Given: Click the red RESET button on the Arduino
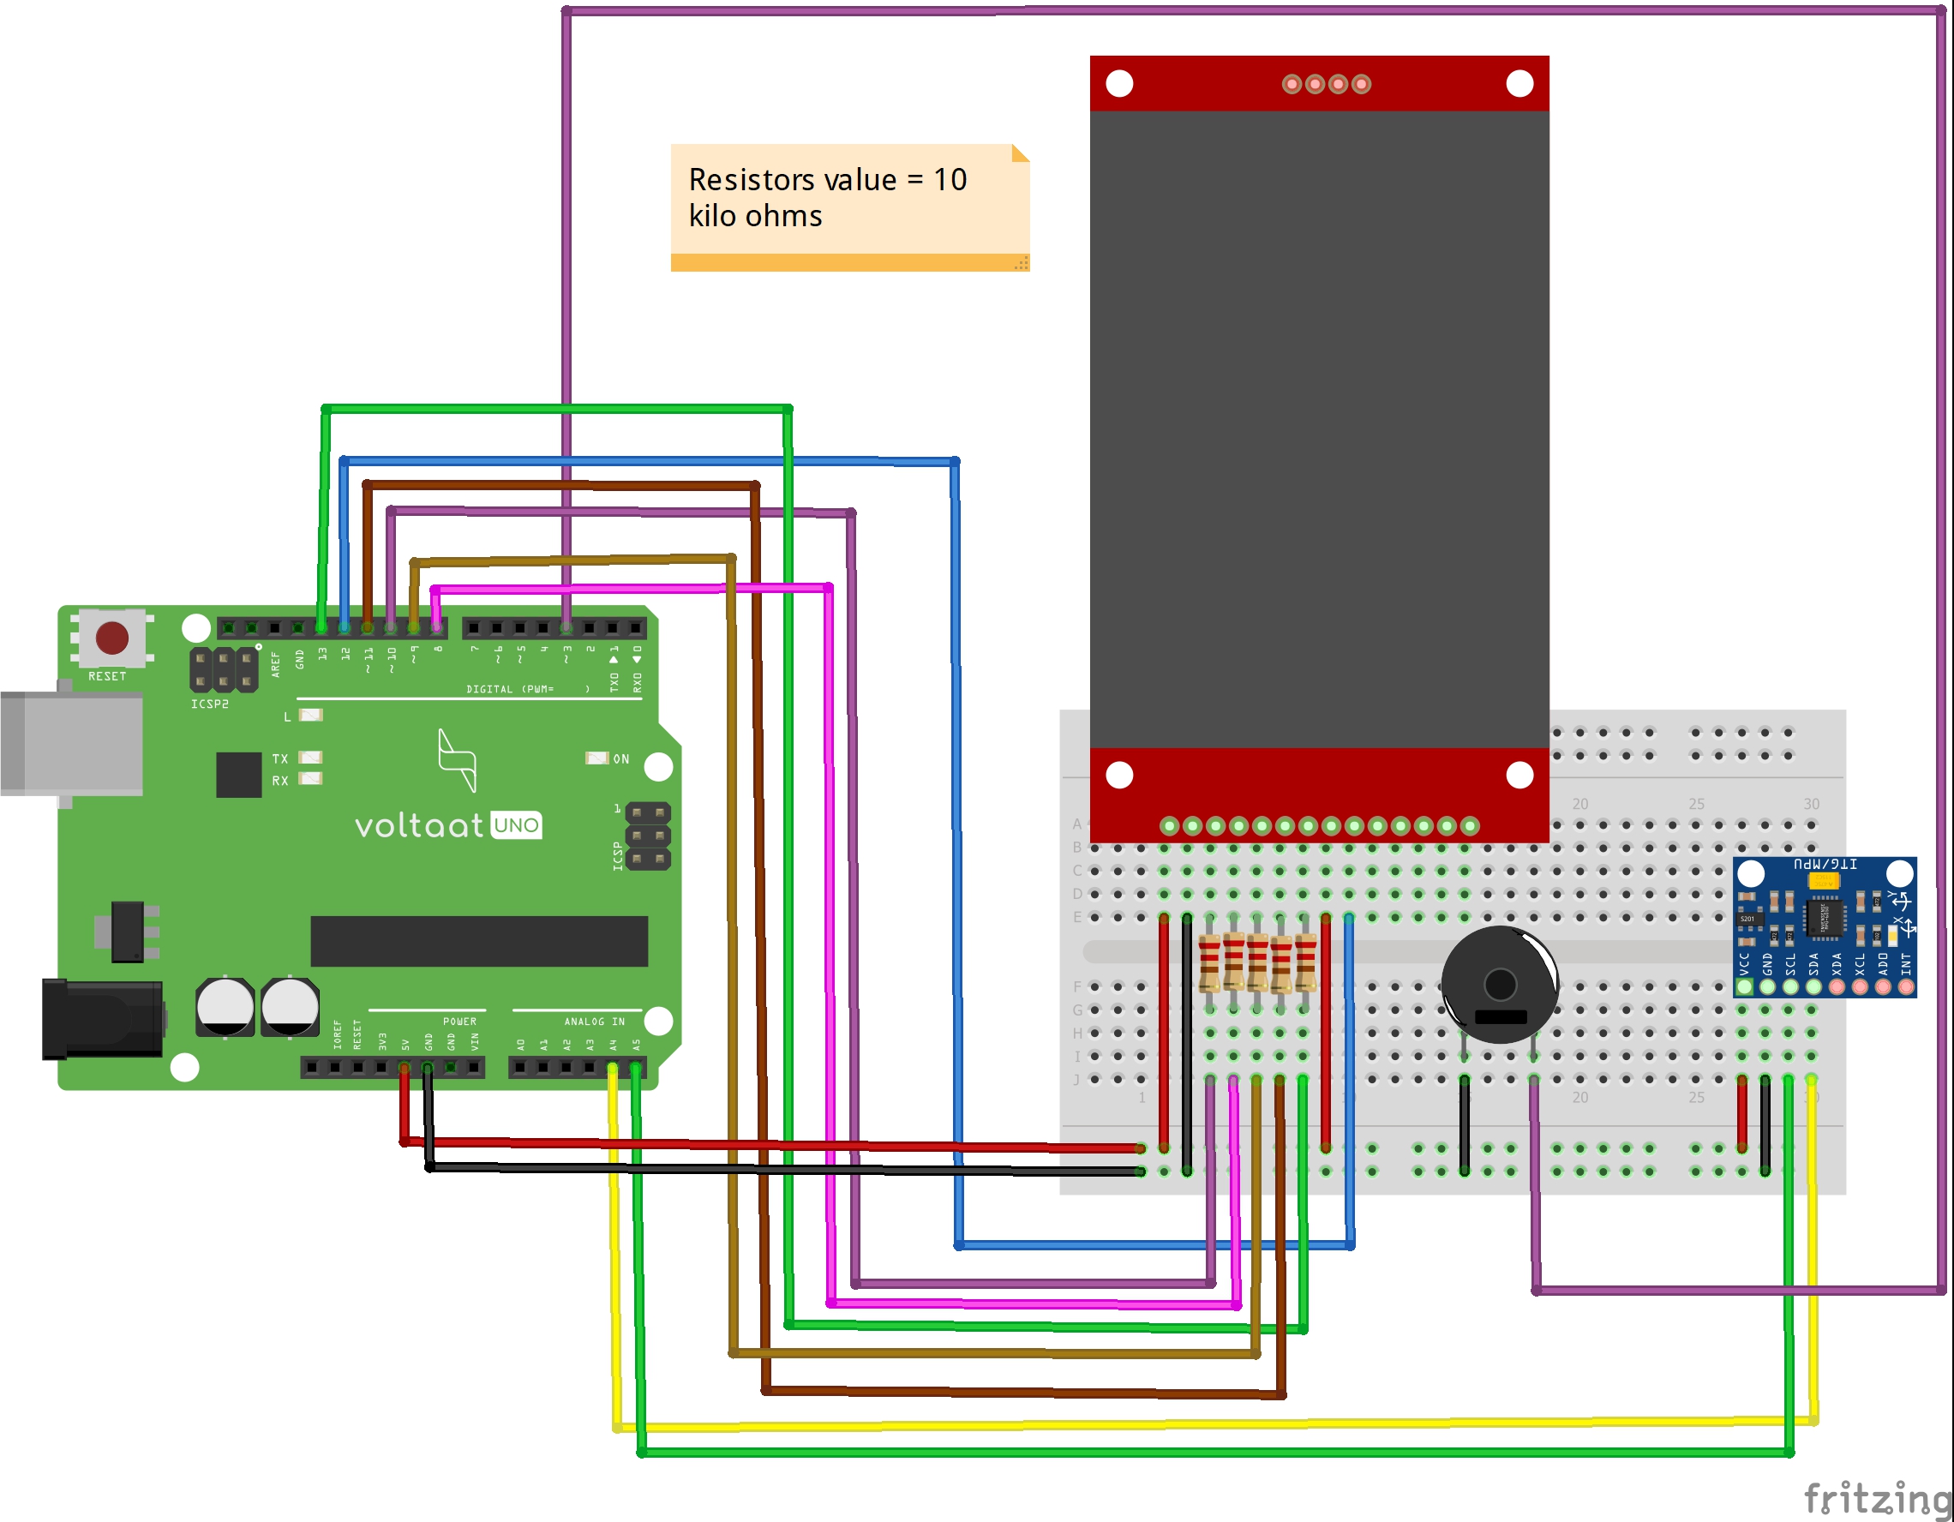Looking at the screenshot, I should pyautogui.click(x=111, y=638).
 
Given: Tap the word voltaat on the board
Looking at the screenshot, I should pyautogui.click(x=419, y=825).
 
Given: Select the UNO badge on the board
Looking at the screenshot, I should pyautogui.click(x=516, y=825).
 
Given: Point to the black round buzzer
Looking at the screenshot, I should pyautogui.click(x=1500, y=985).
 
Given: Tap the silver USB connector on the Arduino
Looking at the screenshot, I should pyautogui.click(x=72, y=743).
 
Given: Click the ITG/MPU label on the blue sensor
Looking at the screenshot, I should pyautogui.click(x=1825, y=865).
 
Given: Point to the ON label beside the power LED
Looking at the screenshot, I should pyautogui.click(x=621, y=758).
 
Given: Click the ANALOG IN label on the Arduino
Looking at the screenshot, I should pyautogui.click(x=594, y=1021).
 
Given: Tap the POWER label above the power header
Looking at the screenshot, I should pyautogui.click(x=459, y=1021).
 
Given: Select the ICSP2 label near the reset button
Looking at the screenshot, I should pyautogui.click(x=209, y=704).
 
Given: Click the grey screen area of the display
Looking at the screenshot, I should pyautogui.click(x=1319, y=429).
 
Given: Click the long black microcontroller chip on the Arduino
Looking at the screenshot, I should pyautogui.click(x=479, y=940).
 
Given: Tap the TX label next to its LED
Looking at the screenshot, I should pyautogui.click(x=280, y=758).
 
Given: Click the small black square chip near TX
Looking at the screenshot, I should pyautogui.click(x=239, y=774).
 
